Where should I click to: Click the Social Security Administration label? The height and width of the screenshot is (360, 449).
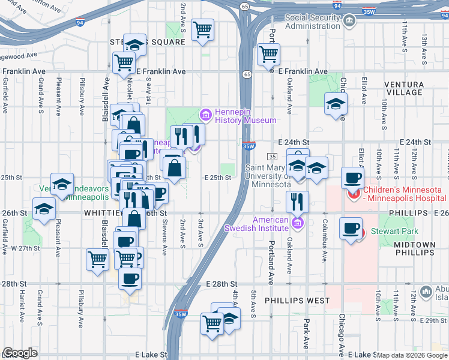coord(312,22)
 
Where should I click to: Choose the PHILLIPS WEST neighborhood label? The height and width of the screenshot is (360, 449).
coord(297,300)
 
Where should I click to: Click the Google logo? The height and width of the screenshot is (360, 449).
coord(20,353)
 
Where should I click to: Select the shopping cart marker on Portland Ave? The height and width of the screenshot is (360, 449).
coord(268,55)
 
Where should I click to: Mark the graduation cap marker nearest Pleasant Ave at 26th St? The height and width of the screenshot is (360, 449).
coord(44,209)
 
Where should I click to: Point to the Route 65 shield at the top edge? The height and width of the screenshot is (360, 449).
coord(244,5)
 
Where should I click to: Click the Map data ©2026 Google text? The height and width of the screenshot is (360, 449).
coord(412,355)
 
